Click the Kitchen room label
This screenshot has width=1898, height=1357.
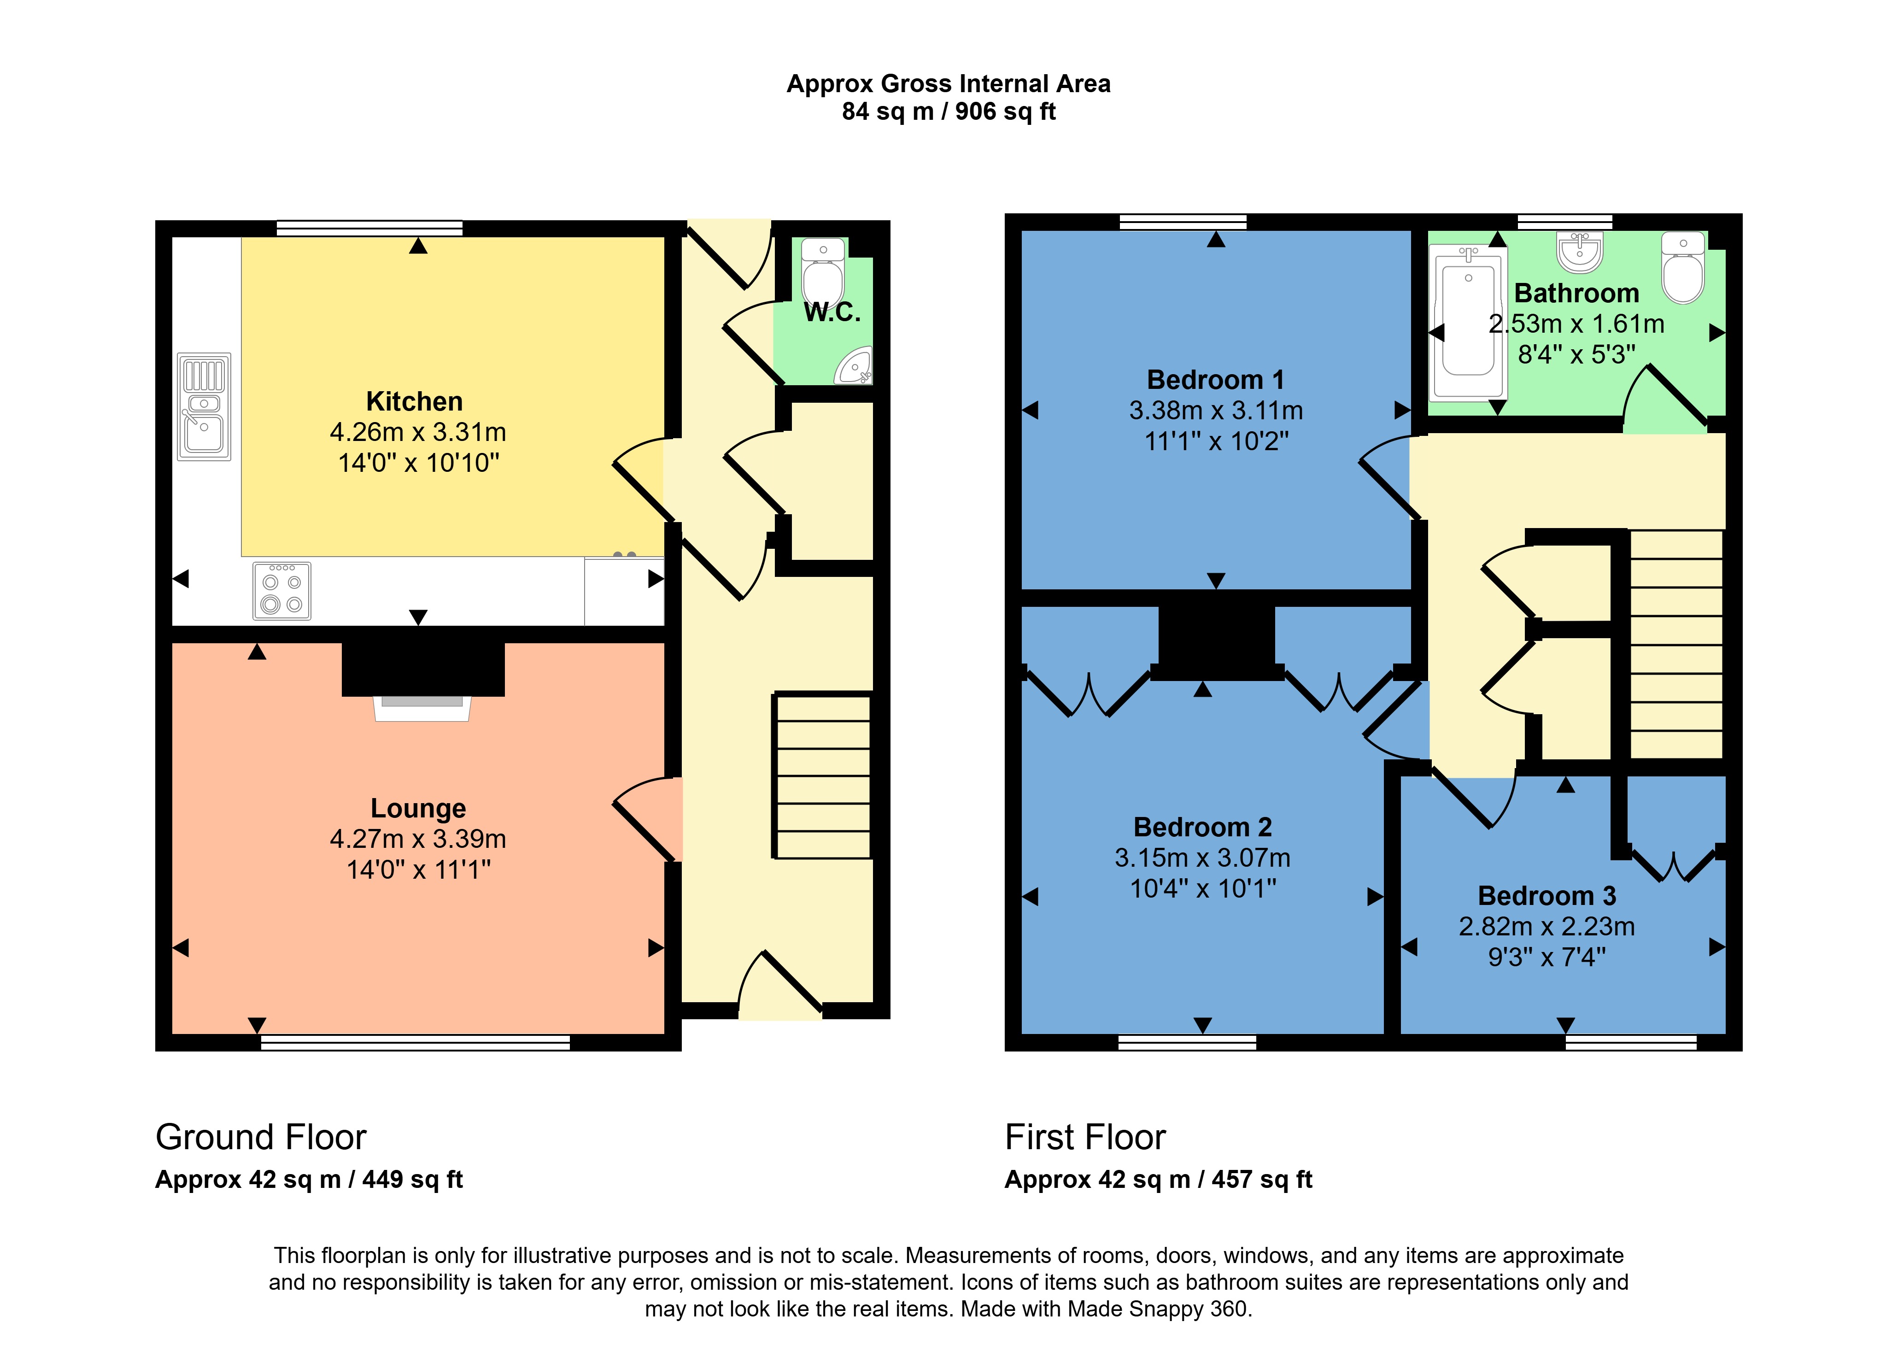pyautogui.click(x=414, y=402)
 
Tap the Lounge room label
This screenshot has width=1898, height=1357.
pyautogui.click(x=418, y=808)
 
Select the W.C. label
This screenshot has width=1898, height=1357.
pyautogui.click(x=831, y=312)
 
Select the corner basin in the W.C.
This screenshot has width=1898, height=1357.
pyautogui.click(x=855, y=368)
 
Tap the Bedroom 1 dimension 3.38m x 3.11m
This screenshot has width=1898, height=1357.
pyautogui.click(x=1215, y=410)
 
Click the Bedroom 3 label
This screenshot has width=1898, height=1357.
pyautogui.click(x=1547, y=896)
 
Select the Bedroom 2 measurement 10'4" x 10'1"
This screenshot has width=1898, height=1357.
pyautogui.click(x=1203, y=888)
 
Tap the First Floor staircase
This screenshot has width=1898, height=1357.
pyautogui.click(x=1676, y=643)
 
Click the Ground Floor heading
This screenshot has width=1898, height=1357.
pyautogui.click(x=261, y=1137)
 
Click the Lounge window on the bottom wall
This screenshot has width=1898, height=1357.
pyautogui.click(x=415, y=1042)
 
